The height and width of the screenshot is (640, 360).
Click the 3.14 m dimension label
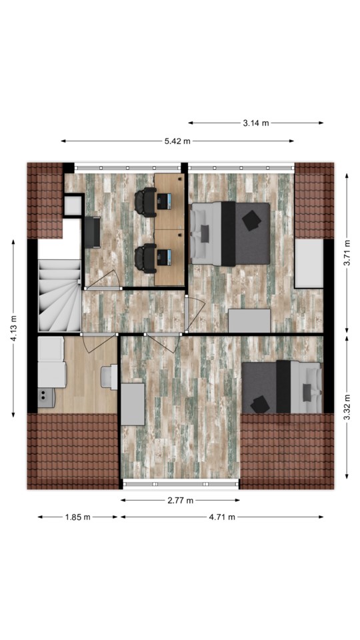tap(256, 123)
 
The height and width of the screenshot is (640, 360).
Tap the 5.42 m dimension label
tap(177, 141)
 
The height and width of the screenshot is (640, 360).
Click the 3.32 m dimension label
tap(347, 407)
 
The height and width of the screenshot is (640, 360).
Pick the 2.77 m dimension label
tap(181, 501)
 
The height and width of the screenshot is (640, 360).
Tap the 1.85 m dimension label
tap(77, 517)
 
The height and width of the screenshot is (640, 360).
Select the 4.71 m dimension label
tap(222, 517)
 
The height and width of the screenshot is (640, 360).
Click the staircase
tap(60, 295)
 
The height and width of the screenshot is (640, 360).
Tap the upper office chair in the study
tap(145, 202)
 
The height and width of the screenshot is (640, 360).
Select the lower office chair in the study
tap(145, 259)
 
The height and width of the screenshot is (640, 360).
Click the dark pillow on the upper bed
tap(251, 221)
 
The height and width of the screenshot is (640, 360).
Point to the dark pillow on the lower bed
tap(260, 405)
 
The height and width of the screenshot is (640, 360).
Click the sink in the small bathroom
tap(109, 376)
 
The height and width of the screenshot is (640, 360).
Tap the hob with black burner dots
tap(47, 397)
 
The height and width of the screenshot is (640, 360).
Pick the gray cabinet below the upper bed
tap(249, 321)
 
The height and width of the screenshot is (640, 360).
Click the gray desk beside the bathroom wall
tap(133, 404)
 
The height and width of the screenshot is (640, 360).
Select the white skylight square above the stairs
tap(73, 206)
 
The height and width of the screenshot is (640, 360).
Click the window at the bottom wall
tap(181, 484)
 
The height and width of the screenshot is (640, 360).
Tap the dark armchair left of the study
tap(92, 232)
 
